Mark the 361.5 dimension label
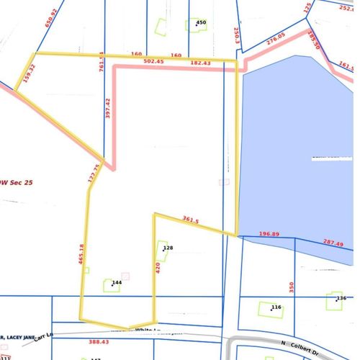click(x=191, y=220)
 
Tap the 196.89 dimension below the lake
click(x=273, y=233)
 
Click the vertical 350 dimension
click(x=291, y=287)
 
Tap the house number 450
click(x=202, y=23)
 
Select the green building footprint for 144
click(x=112, y=286)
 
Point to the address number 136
click(x=342, y=298)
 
